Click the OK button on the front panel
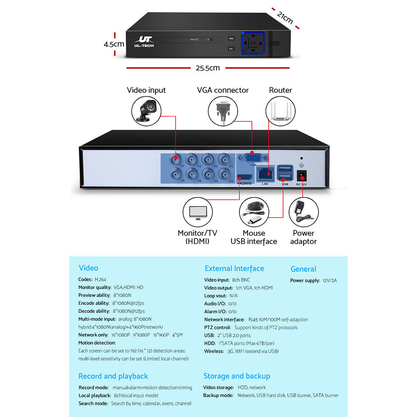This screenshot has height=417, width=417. [x=253, y=43]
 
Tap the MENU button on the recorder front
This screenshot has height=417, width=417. [x=231, y=38]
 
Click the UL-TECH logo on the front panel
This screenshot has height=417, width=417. [x=144, y=42]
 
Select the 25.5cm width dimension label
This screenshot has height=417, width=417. [x=208, y=68]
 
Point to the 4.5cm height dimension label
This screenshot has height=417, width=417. [x=114, y=44]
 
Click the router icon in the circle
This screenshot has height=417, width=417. [x=280, y=111]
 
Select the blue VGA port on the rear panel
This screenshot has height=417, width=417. [x=252, y=157]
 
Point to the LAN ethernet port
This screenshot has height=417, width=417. [x=265, y=172]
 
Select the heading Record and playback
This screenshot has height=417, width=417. [x=113, y=376]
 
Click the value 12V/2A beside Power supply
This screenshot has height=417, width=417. [x=329, y=281]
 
